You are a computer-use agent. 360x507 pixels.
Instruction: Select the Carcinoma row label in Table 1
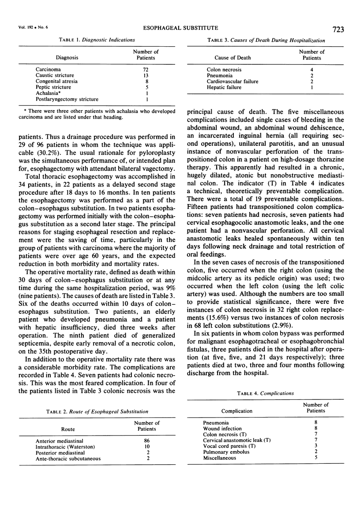pyautogui.click(x=49, y=70)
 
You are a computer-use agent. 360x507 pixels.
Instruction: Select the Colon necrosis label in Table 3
pyautogui.click(x=225, y=70)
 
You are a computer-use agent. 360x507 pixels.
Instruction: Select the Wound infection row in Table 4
pyautogui.click(x=222, y=428)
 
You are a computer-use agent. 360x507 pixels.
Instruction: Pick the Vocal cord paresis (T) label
pyautogui.click(x=228, y=446)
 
